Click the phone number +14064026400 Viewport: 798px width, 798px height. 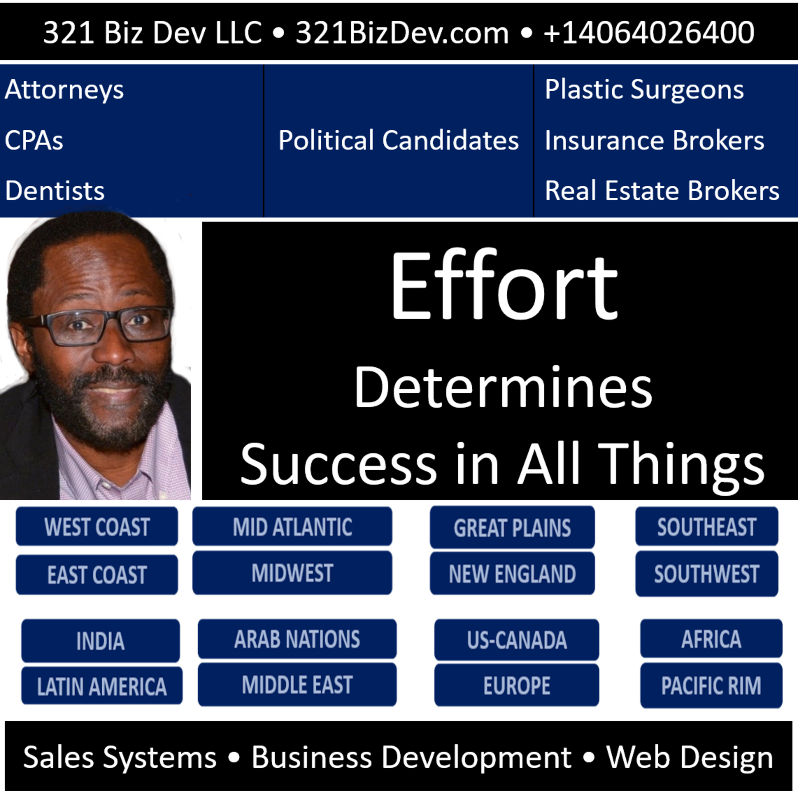pyautogui.click(x=649, y=33)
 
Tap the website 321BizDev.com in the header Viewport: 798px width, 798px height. pyautogui.click(x=402, y=33)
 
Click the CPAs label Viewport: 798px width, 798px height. pyautogui.click(x=34, y=140)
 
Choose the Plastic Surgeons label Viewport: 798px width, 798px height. pyautogui.click(x=644, y=90)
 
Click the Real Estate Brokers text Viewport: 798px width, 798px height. pyautogui.click(x=662, y=190)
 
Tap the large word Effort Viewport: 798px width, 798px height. pyautogui.click(x=504, y=285)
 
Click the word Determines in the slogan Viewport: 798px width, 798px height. pyautogui.click(x=503, y=388)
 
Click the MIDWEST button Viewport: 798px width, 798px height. pyautogui.click(x=292, y=573)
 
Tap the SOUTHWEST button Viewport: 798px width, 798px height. pyautogui.click(x=707, y=574)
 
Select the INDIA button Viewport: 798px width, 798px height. pyautogui.click(x=100, y=641)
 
